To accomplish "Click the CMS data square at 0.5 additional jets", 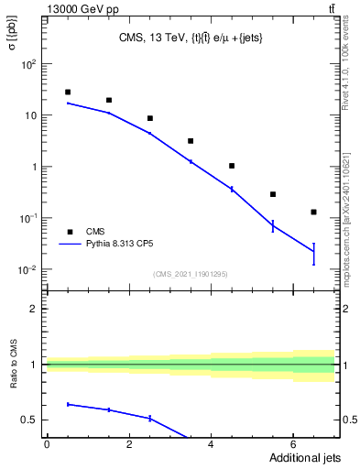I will [x=68, y=93].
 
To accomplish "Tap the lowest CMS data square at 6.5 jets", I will [x=313, y=212].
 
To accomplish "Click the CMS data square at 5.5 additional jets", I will [x=273, y=194].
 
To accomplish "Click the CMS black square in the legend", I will [x=69, y=232].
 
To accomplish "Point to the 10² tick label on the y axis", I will [x=29, y=65].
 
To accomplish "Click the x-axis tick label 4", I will [x=211, y=444].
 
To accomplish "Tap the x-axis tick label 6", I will [x=292, y=444].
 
